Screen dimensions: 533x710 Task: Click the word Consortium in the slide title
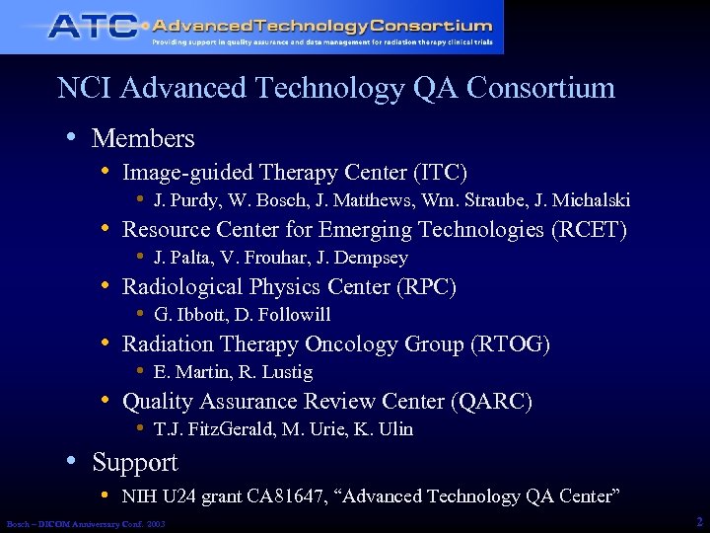pos(540,88)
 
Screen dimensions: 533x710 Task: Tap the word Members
pos(143,139)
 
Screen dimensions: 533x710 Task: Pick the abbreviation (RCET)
pos(589,230)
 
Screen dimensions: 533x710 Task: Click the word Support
pos(134,463)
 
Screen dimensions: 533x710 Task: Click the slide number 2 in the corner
pos(698,520)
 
